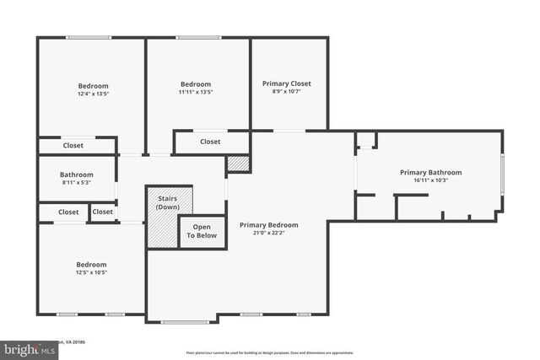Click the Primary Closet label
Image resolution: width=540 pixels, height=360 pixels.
(286, 83)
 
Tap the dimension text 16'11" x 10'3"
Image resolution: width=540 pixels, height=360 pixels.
(430, 180)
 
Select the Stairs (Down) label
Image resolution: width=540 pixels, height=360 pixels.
(169, 202)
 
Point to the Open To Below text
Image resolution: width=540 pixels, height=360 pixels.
(202, 231)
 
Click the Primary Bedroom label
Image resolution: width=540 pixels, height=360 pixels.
(268, 225)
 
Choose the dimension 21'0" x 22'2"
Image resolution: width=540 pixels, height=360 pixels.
(268, 234)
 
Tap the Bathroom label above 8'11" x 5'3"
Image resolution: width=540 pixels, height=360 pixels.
(77, 175)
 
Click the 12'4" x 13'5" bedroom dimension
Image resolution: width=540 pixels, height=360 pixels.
(93, 94)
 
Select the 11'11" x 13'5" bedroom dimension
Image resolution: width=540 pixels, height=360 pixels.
(195, 92)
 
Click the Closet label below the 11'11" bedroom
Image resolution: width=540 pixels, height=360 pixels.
(210, 142)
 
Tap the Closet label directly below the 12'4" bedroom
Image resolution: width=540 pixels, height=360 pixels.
(73, 145)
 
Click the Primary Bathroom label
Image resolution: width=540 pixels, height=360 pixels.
(430, 172)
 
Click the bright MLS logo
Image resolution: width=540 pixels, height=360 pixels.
(24, 347)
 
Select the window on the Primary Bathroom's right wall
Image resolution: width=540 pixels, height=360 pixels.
(503, 177)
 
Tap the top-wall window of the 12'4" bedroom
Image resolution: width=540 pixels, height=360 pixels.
(89, 37)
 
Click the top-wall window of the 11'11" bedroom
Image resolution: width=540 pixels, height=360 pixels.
(198, 37)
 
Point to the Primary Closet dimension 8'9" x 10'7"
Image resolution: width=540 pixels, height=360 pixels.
(286, 92)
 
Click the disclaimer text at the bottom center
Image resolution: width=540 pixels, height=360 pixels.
(270, 353)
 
